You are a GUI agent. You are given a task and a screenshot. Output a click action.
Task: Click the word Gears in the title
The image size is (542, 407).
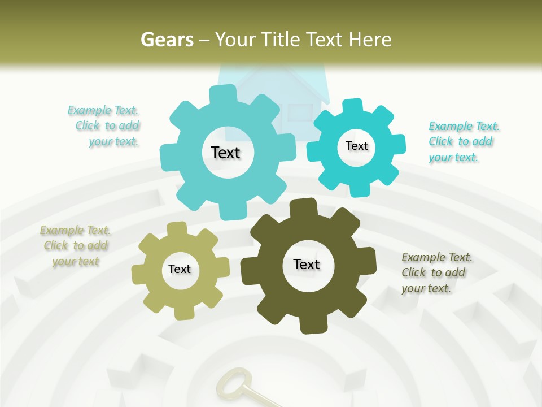coord(167,40)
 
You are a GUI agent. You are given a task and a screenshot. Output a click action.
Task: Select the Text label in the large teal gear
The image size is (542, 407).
coord(225,153)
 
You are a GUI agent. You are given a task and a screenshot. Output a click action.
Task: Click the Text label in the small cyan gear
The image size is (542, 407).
coord(356,146)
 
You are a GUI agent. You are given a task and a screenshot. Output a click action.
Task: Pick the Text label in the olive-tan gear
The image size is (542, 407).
coord(180,269)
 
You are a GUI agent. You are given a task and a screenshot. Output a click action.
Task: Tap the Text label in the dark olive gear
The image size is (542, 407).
coord(307,264)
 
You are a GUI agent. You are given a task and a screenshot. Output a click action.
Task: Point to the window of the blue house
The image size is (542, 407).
coord(299,111)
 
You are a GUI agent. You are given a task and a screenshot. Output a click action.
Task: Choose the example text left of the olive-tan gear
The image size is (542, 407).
coord(76,246)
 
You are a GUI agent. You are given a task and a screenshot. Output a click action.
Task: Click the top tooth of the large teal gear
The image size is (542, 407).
coord(222,94)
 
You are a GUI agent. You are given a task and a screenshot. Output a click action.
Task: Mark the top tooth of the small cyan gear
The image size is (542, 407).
coord(353,106)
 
